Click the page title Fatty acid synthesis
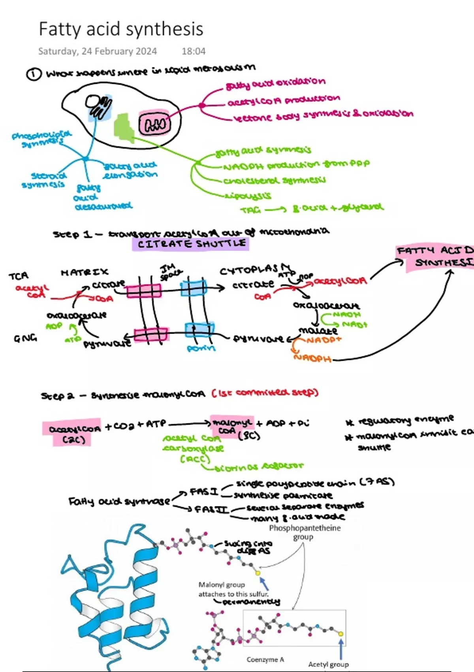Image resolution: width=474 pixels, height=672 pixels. tap(121, 29)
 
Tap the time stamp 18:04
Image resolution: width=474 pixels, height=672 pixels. tap(194, 51)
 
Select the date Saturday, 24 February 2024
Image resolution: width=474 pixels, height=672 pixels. tap(97, 51)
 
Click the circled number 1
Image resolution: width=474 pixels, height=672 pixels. tap(34, 74)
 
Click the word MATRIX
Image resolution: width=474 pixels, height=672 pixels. tap(85, 272)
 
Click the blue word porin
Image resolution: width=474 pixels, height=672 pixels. tap(201, 348)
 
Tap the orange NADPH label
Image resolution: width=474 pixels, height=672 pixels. tap(312, 358)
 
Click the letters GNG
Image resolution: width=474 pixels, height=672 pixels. tap(25, 338)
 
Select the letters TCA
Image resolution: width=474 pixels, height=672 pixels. tap(19, 276)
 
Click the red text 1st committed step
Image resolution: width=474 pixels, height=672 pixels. tap(265, 393)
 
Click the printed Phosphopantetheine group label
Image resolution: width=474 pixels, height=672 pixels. tap(305, 532)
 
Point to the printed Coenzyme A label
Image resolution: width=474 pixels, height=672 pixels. tap(265, 659)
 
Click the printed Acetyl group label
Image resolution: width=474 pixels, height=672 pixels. tap(328, 664)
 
